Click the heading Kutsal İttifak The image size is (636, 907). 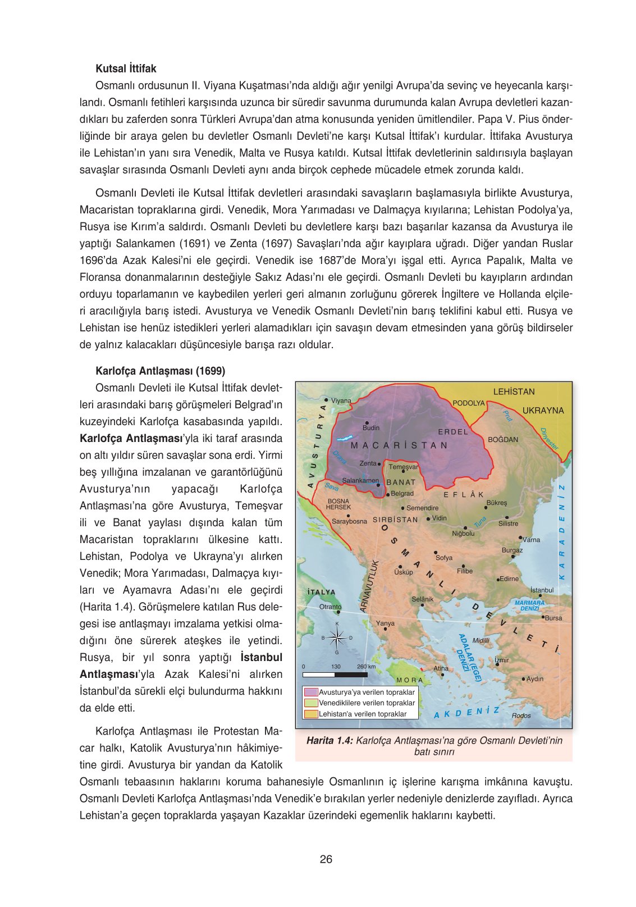point(126,69)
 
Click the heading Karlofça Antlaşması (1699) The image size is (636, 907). point(160,371)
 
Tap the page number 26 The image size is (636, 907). point(326,859)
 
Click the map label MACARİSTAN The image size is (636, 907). point(399,445)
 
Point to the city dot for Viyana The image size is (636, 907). point(326,400)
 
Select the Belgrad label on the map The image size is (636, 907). point(402,494)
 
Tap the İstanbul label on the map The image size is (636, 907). point(542,590)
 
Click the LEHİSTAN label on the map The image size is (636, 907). point(514,391)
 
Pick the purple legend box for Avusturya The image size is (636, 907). point(310,692)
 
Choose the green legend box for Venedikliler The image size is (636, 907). point(310,703)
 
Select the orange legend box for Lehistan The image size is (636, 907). point(310,714)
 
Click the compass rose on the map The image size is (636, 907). point(337,637)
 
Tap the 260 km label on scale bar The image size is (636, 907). point(366,667)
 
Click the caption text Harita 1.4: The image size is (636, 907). point(330,741)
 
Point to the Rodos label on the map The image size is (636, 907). point(521,715)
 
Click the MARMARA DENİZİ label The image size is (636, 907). point(529,605)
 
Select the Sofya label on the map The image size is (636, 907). point(443,558)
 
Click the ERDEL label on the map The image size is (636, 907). point(453,432)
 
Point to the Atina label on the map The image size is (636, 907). point(441,668)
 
